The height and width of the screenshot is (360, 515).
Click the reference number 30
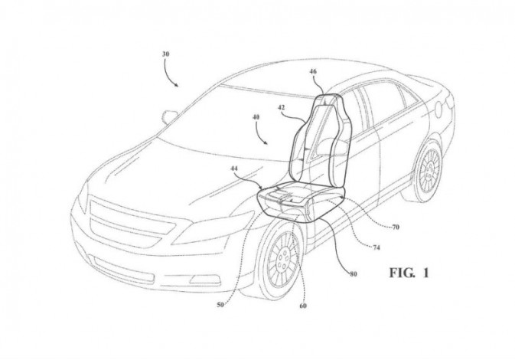point(165,54)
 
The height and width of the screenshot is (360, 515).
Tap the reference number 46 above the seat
point(313,71)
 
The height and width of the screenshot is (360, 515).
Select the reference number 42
point(282,107)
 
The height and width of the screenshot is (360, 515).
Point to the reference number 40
point(256,116)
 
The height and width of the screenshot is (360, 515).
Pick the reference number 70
point(396,227)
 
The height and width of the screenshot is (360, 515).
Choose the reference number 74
point(376,247)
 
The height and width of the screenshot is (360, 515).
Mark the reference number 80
point(353,274)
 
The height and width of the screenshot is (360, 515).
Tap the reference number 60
point(303,306)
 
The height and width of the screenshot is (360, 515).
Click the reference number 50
point(220,305)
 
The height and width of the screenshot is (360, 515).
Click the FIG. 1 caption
point(409,273)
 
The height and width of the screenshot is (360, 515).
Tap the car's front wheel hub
point(282,259)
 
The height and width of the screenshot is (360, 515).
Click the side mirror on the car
point(169,116)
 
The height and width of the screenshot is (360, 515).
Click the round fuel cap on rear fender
point(438,110)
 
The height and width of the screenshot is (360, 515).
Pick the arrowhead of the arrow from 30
point(177,85)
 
